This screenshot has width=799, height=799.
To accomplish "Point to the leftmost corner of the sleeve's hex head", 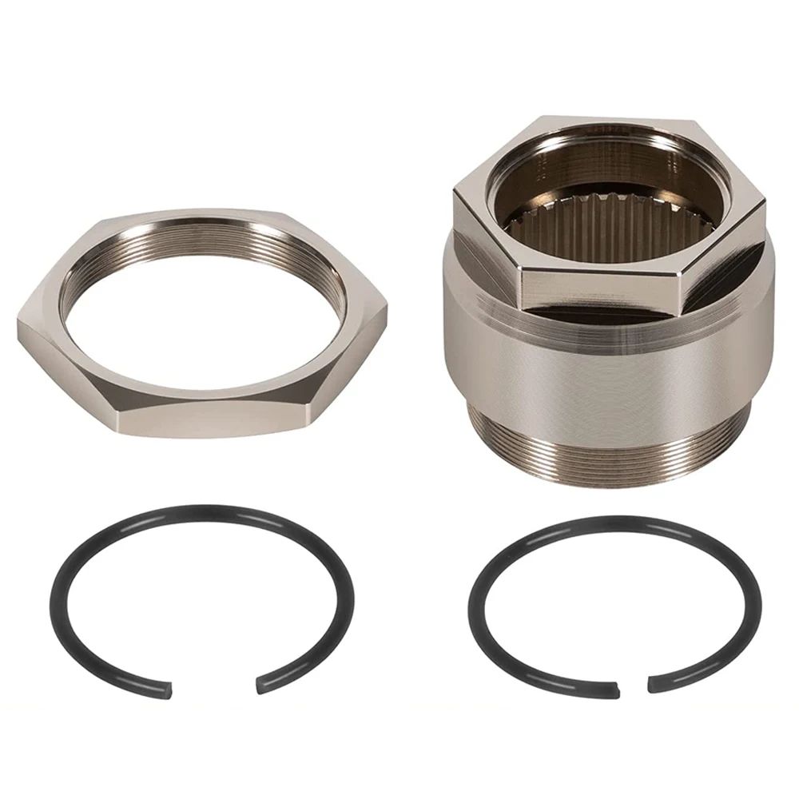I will (454, 192).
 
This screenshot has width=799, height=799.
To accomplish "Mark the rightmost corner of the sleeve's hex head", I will (765, 200).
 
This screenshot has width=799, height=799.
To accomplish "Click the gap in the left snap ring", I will (213, 686).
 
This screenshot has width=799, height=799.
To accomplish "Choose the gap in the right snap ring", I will (633, 686).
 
